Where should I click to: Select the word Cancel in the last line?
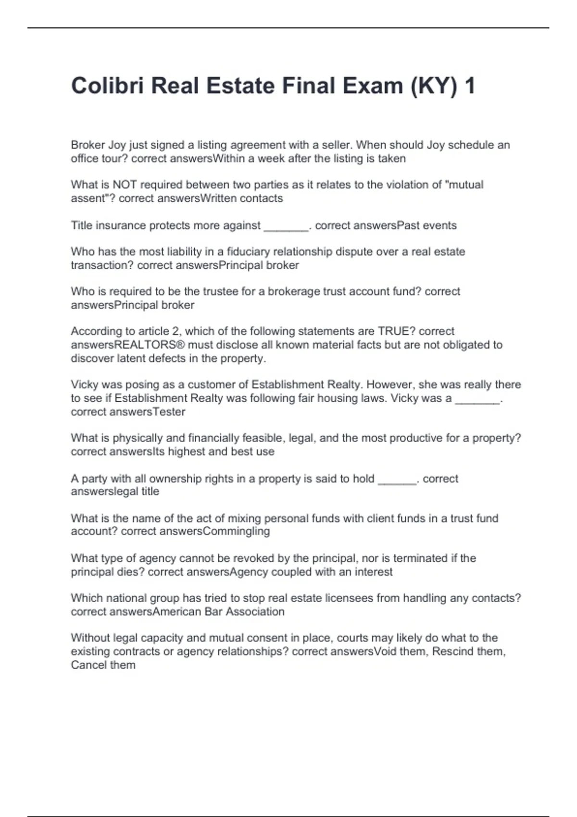[88, 665]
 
